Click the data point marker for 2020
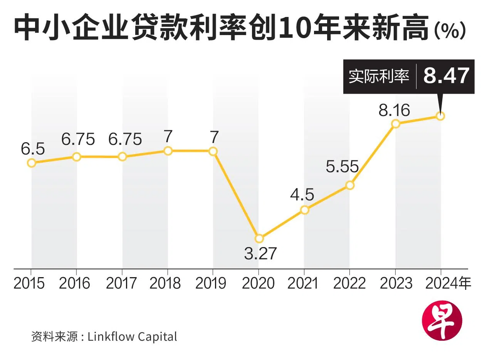(259, 239)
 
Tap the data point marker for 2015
(32, 163)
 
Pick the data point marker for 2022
(350, 185)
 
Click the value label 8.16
(394, 110)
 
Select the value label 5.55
(342, 167)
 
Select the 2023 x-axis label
(396, 284)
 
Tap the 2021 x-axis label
(303, 284)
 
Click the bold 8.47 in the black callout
(447, 76)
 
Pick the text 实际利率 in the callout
(379, 76)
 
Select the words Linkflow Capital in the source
(133, 336)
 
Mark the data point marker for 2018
(168, 151)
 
